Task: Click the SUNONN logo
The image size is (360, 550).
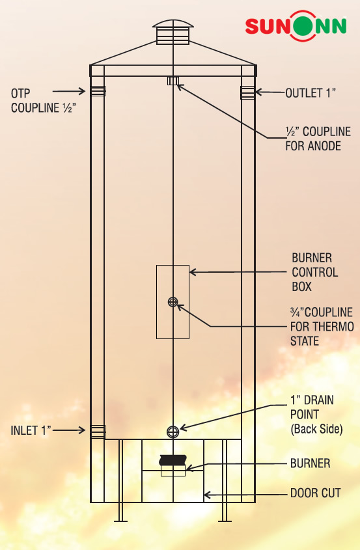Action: [296, 25]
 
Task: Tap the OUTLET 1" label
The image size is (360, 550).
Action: [311, 93]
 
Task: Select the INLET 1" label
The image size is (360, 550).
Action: [31, 430]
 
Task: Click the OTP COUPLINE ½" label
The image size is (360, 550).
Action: [44, 101]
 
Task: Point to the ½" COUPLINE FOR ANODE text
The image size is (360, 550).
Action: [318, 139]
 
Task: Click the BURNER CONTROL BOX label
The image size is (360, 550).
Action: [314, 272]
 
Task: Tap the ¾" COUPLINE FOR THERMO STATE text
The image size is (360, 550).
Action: [322, 327]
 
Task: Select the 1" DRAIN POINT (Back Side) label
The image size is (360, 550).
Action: [316, 415]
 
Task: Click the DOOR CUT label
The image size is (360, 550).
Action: [316, 493]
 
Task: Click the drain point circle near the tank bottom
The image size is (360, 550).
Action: [173, 432]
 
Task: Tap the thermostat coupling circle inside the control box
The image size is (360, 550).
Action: [173, 301]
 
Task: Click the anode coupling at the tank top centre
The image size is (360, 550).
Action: [173, 81]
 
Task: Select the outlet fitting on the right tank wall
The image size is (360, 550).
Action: [247, 92]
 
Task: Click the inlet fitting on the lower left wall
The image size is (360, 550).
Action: [98, 431]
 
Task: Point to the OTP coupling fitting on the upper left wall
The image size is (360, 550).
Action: [98, 91]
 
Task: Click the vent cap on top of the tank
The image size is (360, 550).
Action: [173, 32]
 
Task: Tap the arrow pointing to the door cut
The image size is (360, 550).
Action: [245, 495]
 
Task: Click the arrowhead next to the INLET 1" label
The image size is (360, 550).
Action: [82, 430]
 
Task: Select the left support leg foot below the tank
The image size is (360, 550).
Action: [120, 521]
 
